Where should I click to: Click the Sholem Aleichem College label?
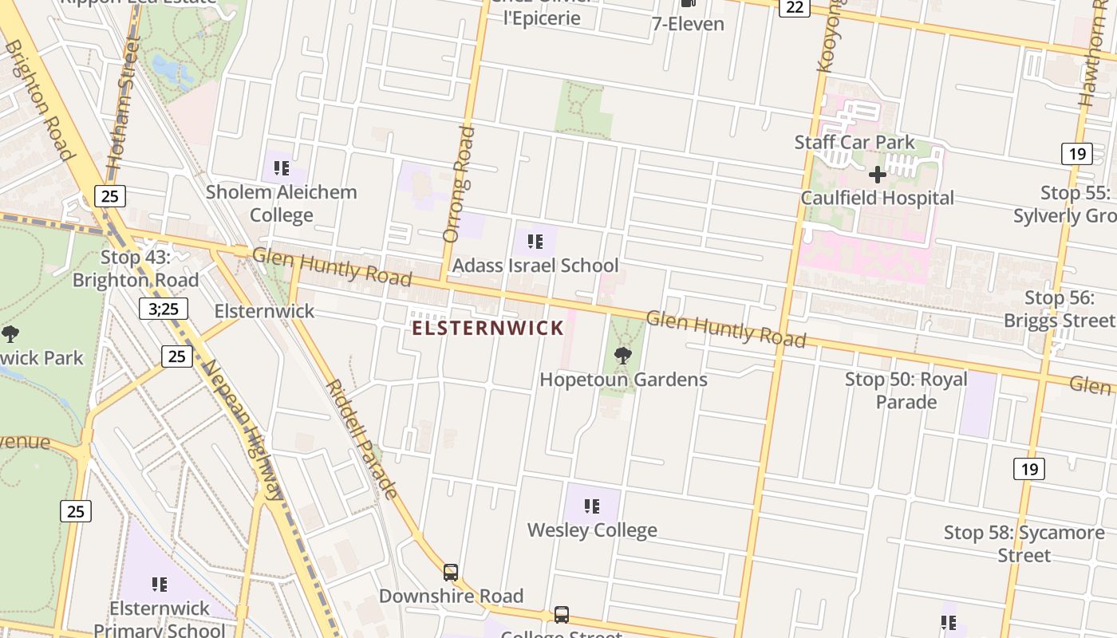(281, 203)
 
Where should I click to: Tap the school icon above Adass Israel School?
(535, 241)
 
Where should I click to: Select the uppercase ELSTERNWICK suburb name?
(488, 328)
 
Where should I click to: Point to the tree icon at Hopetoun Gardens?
(623, 356)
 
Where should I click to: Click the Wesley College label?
(592, 530)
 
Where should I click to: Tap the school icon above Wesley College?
(591, 506)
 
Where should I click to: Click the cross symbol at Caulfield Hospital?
(878, 175)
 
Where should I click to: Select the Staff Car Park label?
(855, 143)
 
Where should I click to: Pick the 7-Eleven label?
(688, 24)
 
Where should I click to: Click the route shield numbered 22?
(794, 7)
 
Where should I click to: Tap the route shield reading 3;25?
(164, 309)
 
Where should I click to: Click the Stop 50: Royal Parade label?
(906, 390)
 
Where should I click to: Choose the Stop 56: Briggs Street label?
(1059, 309)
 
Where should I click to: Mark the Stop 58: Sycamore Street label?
(1024, 543)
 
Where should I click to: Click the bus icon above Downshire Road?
(451, 572)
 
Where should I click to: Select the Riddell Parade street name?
(361, 438)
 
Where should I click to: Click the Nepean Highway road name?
(244, 431)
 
